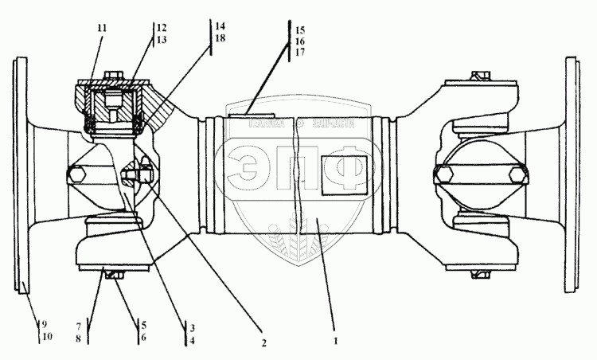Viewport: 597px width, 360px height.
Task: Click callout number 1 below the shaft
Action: point(336,340)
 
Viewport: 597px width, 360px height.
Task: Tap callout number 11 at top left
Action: point(101,28)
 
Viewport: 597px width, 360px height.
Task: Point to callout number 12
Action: point(162,28)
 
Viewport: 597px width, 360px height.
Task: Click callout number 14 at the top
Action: point(219,26)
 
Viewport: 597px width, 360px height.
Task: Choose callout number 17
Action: point(300,52)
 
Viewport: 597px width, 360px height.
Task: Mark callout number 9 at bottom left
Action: point(45,323)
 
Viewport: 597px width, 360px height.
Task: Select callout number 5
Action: point(142,325)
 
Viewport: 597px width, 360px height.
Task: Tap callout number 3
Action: point(192,327)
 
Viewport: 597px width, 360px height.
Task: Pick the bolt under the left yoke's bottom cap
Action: point(114,276)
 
